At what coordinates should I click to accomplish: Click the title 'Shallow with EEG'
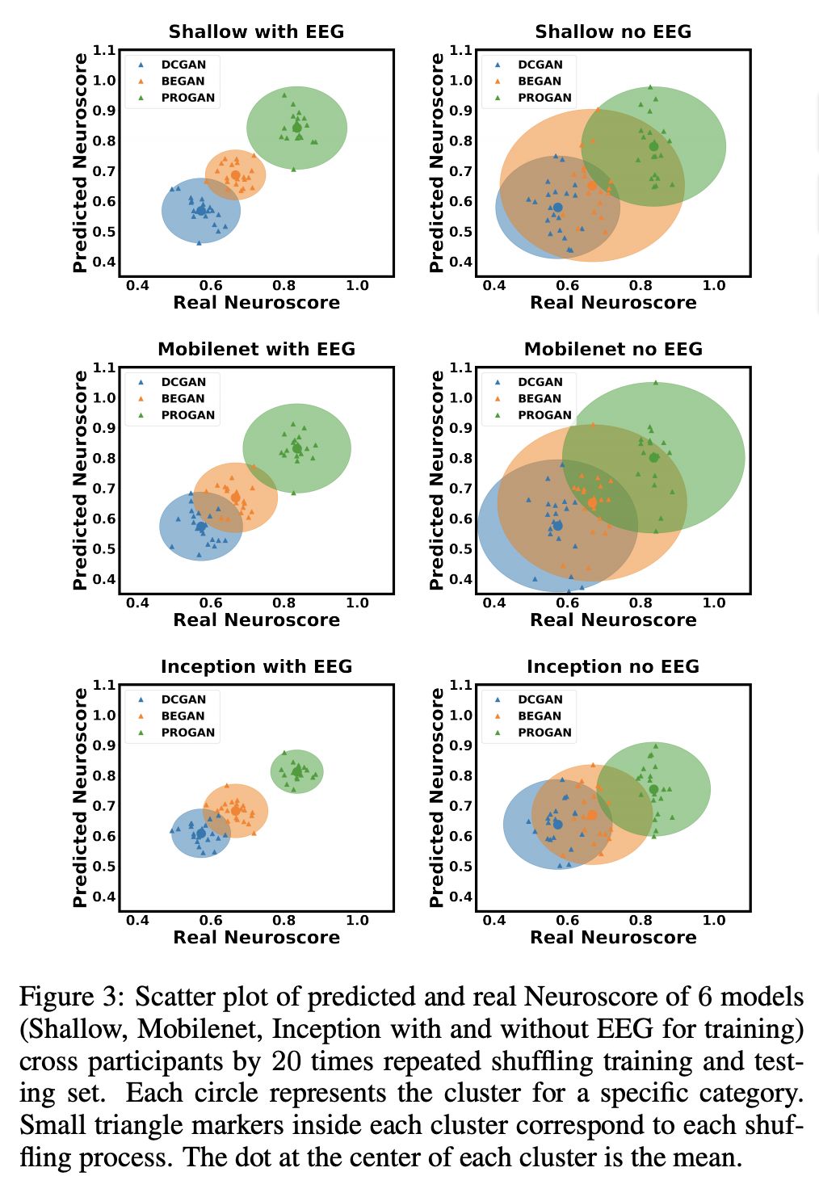coord(256,32)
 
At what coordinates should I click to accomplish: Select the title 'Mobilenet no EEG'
coord(613,350)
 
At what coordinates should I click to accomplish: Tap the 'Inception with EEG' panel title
coord(256,667)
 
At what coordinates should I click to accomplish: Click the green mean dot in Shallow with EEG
coord(296,127)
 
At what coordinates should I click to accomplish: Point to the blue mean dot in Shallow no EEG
coord(557,208)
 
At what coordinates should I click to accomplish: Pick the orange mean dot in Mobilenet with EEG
coord(236,498)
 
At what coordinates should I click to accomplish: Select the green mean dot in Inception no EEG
coord(653,789)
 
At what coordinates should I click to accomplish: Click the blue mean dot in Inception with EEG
coord(201,834)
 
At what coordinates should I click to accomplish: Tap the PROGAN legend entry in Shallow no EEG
coord(544,98)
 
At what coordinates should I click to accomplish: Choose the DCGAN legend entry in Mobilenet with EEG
coord(183,382)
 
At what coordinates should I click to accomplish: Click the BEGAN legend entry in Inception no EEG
coord(539,716)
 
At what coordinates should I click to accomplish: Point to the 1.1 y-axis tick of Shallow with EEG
coord(104,50)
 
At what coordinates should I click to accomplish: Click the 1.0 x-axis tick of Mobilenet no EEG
coord(714,603)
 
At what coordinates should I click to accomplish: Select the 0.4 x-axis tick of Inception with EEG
coord(137,920)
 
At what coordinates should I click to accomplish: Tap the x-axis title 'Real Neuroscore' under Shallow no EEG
coord(613,303)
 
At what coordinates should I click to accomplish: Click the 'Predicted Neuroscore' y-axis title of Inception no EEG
coord(437,797)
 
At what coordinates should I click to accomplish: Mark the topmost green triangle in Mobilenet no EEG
coord(656,383)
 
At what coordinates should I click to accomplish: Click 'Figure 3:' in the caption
coord(71,997)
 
